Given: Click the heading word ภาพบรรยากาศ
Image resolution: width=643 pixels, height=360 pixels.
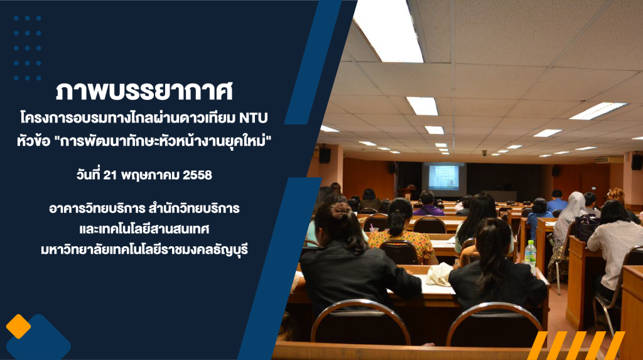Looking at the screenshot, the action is (144, 91).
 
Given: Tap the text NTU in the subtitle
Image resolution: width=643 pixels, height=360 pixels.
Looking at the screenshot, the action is (254, 118).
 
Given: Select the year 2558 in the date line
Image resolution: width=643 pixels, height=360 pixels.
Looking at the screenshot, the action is (197, 175).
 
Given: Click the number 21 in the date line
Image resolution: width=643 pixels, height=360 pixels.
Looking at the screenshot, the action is (110, 175).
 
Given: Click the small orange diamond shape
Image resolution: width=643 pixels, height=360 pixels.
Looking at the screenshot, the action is (18, 326).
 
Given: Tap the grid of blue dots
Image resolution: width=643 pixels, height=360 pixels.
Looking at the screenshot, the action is (28, 48).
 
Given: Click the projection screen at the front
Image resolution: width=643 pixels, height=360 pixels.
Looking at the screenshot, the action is (444, 177).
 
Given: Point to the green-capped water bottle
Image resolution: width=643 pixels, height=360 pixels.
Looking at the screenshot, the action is (530, 256).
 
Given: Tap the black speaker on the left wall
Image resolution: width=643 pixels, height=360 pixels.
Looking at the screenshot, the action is (325, 155).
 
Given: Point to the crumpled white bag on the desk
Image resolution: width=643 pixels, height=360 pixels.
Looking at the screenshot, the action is (439, 274).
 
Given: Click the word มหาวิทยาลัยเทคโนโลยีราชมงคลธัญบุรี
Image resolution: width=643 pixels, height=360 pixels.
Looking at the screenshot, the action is (144, 249).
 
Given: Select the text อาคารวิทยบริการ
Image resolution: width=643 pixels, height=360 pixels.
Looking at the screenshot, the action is (96, 209).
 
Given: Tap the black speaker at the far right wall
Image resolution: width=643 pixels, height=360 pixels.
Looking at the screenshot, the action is (637, 161).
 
